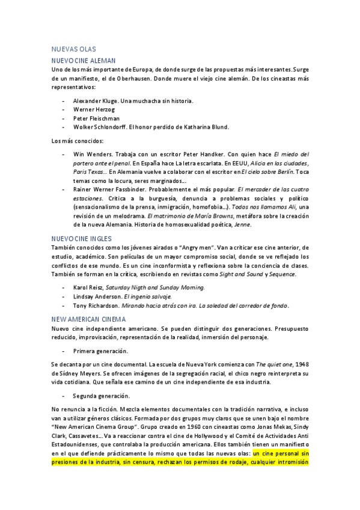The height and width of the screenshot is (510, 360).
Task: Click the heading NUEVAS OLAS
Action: (74, 49)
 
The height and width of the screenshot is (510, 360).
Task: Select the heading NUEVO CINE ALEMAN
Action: (84, 61)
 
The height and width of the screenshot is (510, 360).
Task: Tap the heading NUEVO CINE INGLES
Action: (82, 238)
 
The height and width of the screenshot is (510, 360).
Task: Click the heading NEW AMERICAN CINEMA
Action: (88, 319)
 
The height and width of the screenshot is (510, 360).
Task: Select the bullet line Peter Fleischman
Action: (97, 118)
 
